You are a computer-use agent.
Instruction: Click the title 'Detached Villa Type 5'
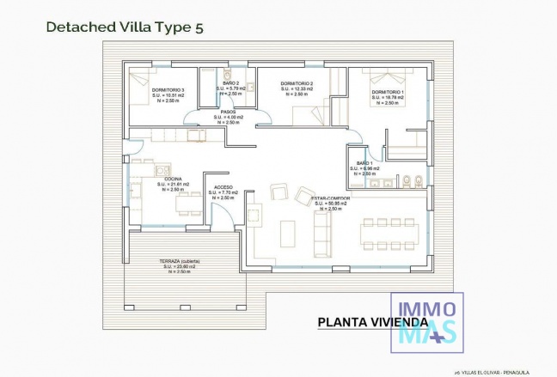125,27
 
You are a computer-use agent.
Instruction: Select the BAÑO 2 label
230,84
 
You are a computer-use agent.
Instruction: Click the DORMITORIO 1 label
387,92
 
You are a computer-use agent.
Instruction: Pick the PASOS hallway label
228,112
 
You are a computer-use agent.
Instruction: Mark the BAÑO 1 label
364,163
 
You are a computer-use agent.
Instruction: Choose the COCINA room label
173,179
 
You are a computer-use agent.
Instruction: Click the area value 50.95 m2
331,204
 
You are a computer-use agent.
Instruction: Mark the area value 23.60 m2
182,266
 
